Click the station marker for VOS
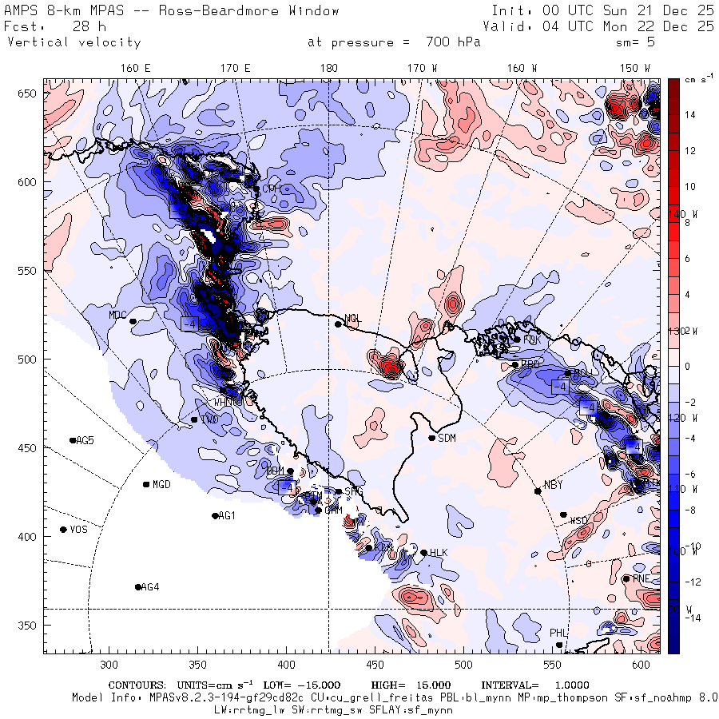pos(63,530)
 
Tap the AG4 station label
pos(150,587)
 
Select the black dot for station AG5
pos(73,440)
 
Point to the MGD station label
pos(162,485)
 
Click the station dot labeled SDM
pos(432,438)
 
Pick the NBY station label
pos(553,485)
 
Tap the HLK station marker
pos(423,553)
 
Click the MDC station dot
pos(133,321)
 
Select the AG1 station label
pos(227,516)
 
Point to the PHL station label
pos(558,633)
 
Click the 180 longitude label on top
pos(328,69)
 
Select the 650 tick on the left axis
pos(30,94)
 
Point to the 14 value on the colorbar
pos(690,115)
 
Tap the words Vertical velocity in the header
pos(74,42)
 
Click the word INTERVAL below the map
pos(509,685)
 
